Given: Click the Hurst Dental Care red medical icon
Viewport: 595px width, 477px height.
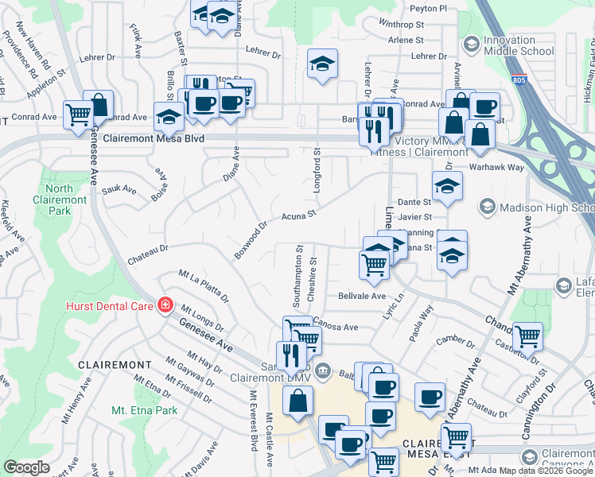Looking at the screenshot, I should (165, 305).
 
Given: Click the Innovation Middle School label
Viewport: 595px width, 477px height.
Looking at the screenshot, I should (520, 45).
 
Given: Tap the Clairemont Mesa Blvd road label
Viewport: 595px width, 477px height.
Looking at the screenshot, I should (154, 138).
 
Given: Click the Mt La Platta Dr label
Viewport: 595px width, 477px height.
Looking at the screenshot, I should (204, 287).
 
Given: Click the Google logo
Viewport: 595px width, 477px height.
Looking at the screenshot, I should (27, 467).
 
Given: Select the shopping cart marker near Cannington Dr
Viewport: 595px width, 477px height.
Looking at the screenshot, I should (527, 335).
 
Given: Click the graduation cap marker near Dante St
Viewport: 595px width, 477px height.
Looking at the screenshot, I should (447, 187).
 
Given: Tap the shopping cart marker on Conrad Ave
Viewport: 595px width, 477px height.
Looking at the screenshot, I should (78, 114).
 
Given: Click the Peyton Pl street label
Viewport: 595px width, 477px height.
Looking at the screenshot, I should (428, 8).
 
